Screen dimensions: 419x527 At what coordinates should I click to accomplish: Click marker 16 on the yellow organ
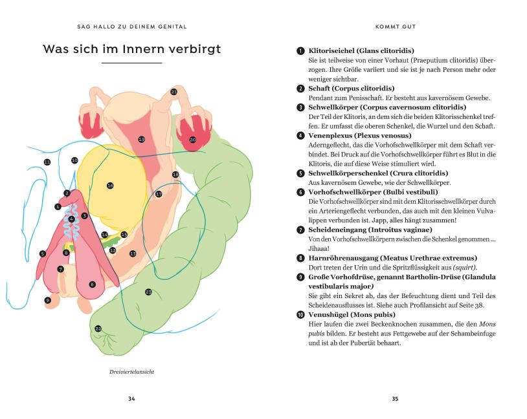point(110,186)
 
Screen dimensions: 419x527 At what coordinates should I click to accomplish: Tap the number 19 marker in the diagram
point(141,139)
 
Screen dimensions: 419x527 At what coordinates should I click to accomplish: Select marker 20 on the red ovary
point(192,139)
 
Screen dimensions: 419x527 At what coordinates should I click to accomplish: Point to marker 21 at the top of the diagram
point(174,92)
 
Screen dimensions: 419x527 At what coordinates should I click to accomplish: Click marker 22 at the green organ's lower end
point(98,328)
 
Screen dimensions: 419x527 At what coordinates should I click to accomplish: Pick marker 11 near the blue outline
point(47,162)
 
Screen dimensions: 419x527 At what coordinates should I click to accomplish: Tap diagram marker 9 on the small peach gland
point(47,300)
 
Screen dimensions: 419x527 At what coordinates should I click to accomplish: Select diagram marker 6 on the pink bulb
point(92,284)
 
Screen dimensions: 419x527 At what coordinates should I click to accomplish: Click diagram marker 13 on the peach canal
point(133,253)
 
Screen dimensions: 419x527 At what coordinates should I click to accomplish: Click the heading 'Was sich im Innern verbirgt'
point(131,50)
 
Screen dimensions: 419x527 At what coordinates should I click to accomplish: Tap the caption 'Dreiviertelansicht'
point(131,372)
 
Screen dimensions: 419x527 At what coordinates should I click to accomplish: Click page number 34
point(131,398)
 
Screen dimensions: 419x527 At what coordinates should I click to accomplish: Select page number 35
point(395,398)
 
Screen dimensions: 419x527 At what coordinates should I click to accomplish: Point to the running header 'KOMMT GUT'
point(395,27)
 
